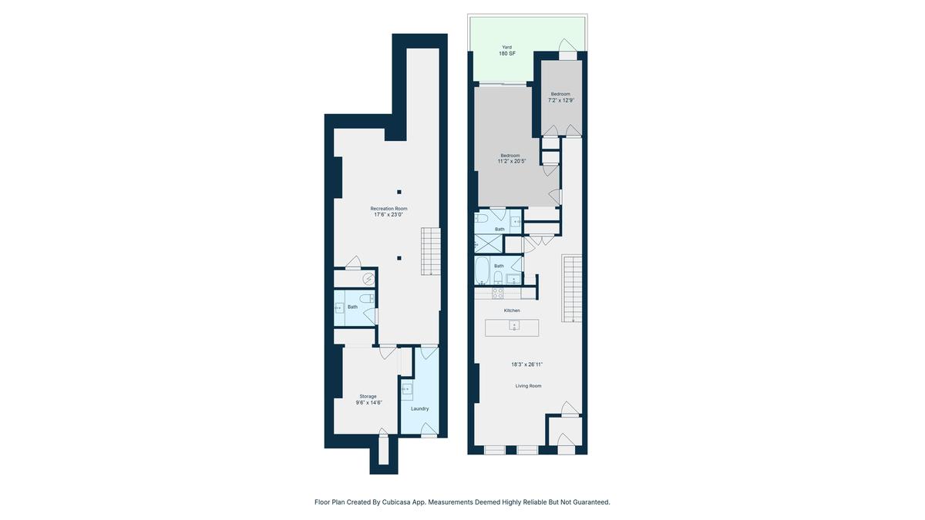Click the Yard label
(506, 47)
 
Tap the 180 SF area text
(507, 54)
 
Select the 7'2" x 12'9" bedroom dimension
(561, 100)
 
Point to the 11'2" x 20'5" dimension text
(512, 161)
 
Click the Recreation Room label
(388, 209)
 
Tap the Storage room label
(368, 396)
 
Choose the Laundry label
(419, 408)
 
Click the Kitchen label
(512, 310)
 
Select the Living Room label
(528, 386)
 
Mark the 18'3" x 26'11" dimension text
(527, 364)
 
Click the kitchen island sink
(514, 325)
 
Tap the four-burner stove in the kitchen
(498, 293)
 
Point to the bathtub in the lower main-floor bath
(482, 270)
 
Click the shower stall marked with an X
(488, 243)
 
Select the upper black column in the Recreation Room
(399, 192)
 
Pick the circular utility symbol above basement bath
(368, 280)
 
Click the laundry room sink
(407, 390)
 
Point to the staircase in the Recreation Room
(430, 251)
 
